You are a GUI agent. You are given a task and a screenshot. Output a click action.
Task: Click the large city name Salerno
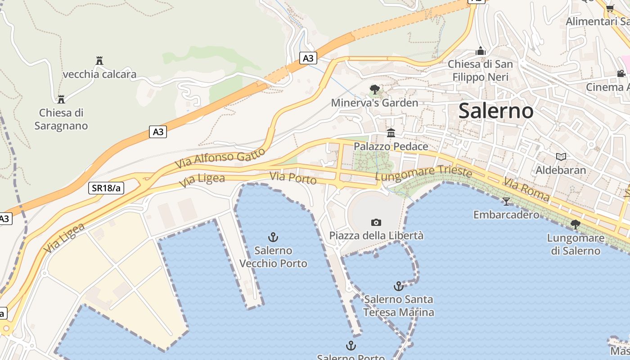pyautogui.click(x=496, y=111)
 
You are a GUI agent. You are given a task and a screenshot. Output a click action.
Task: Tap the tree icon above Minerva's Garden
pyautogui.click(x=374, y=89)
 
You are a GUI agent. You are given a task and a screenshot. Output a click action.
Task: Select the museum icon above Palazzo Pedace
pyautogui.click(x=391, y=133)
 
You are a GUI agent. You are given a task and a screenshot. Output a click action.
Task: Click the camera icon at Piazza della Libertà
pyautogui.click(x=376, y=222)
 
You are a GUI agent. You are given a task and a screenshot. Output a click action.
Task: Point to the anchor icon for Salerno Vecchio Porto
pyautogui.click(x=273, y=237)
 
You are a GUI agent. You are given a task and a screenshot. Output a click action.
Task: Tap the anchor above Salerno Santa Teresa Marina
pyautogui.click(x=398, y=286)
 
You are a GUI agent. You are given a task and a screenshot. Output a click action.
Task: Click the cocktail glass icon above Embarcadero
pyautogui.click(x=506, y=201)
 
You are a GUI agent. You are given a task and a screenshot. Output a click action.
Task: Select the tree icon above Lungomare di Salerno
pyautogui.click(x=575, y=224)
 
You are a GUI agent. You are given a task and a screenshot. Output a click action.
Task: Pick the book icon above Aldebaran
pyautogui.click(x=561, y=157)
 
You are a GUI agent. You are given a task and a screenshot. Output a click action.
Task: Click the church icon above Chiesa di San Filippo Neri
pyautogui.click(x=481, y=51)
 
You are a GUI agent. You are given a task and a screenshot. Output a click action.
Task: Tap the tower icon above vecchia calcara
pyautogui.click(x=99, y=61)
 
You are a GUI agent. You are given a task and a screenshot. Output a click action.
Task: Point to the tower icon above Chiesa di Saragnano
pyautogui.click(x=61, y=99)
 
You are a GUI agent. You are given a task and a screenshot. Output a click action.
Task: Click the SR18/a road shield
pyautogui.click(x=106, y=188)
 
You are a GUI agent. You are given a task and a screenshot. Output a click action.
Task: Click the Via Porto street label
pyautogui.click(x=293, y=178)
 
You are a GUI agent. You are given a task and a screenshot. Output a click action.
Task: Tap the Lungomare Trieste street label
pyautogui.click(x=423, y=174)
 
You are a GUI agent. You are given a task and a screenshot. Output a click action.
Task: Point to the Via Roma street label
pyautogui.click(x=526, y=189)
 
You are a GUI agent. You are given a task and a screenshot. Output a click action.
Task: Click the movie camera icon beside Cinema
pyautogui.click(x=621, y=74)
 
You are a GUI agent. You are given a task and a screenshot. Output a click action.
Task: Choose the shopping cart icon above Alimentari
pyautogui.click(x=610, y=8)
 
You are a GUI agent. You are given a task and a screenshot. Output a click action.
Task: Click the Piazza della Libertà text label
pyautogui.click(x=376, y=235)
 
